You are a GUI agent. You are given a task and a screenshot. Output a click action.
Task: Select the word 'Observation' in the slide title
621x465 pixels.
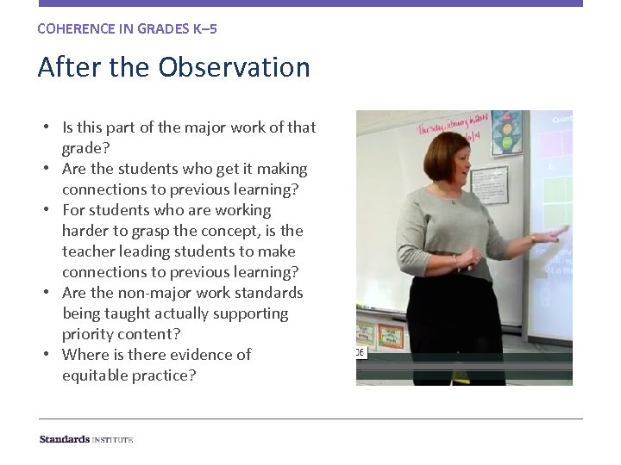235,67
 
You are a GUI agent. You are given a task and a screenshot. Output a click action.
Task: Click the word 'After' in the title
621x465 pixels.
66,67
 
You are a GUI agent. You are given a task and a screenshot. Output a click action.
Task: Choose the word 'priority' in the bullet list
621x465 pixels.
87,334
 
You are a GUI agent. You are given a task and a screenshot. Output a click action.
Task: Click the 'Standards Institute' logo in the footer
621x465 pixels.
85,439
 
